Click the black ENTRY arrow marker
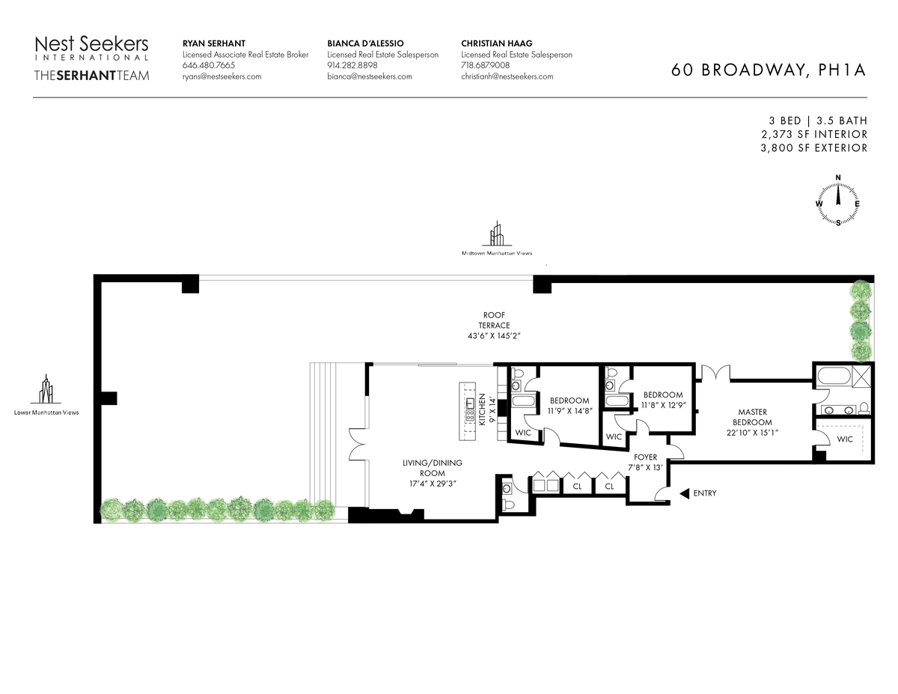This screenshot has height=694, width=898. point(684,493)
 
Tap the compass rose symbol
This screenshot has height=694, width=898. point(837,201)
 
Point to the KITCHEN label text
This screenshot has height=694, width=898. point(482,410)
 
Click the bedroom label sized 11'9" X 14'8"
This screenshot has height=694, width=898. point(569,406)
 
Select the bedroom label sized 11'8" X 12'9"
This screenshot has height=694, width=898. point(663,400)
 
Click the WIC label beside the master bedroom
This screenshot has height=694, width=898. point(845,439)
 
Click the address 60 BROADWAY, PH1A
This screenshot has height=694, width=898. point(769,70)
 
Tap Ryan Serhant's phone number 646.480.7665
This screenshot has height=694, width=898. point(209,65)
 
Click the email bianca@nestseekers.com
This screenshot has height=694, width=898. point(370,76)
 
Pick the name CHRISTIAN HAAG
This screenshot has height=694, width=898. point(497,43)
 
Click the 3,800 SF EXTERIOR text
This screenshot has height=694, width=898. point(813,148)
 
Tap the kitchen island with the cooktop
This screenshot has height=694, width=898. point(467,411)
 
